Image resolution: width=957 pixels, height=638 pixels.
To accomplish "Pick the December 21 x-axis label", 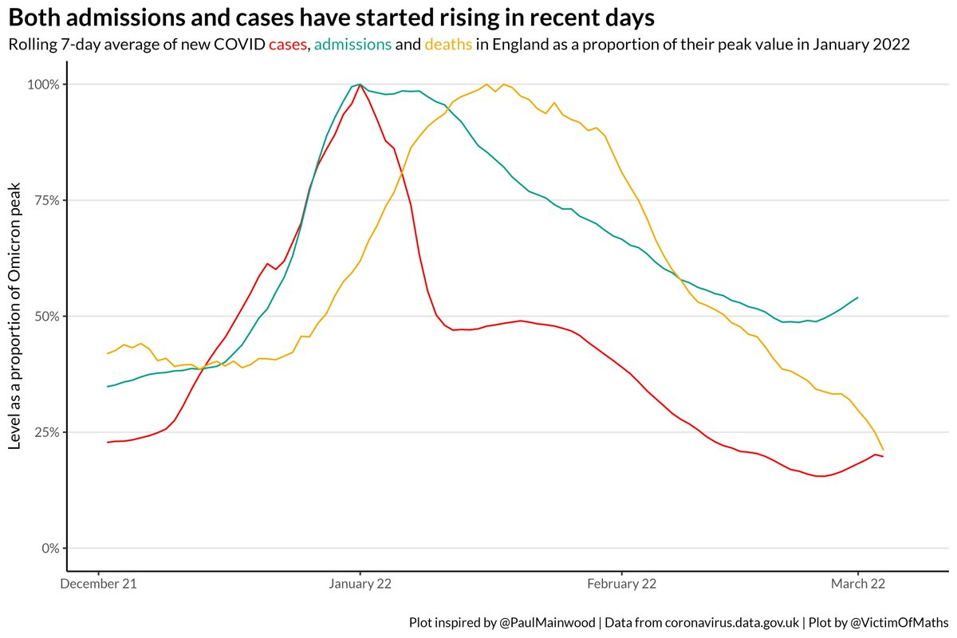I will click(98, 585).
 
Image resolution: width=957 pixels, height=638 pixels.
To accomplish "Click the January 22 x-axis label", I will click(360, 585).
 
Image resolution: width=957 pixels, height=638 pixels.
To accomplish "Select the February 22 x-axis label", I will click(621, 585).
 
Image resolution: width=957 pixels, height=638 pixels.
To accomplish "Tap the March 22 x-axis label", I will click(857, 585).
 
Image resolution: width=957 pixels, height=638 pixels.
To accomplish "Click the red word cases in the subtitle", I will click(287, 45).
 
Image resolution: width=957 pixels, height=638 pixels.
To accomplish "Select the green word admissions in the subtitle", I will click(352, 45).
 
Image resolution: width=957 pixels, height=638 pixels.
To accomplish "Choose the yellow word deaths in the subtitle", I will click(450, 45).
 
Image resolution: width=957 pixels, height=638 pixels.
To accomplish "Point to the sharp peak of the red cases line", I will click(360, 84).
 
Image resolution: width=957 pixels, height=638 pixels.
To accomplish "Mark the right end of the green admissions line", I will click(857, 297).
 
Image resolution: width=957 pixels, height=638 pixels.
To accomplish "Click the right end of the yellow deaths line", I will click(883, 449).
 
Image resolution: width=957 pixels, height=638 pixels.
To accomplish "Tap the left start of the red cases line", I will click(108, 442).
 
